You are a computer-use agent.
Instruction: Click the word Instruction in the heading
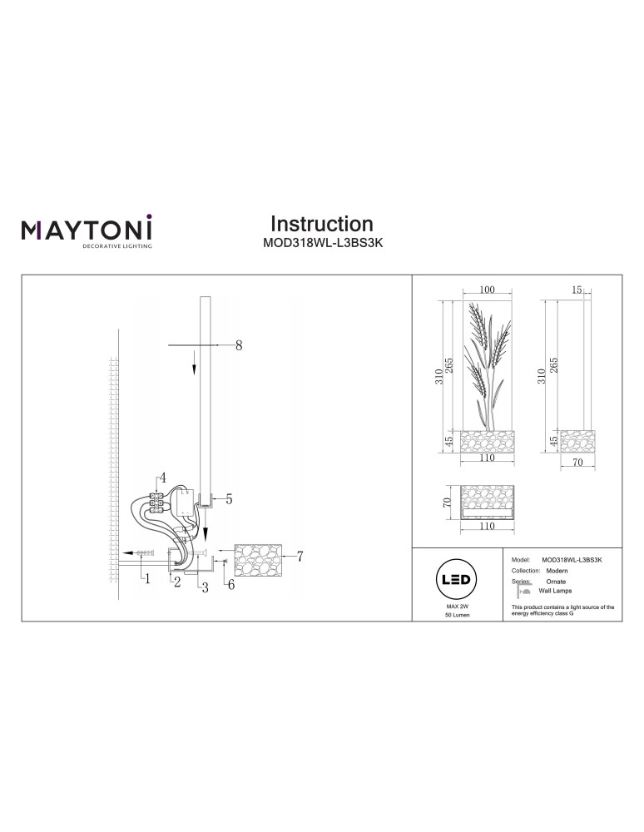pos(322,224)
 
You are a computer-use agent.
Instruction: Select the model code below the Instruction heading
pos(322,245)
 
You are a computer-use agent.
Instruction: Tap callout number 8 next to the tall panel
pos(239,345)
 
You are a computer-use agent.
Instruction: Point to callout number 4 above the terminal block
pos(163,478)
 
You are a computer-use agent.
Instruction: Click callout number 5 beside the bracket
pos(228,499)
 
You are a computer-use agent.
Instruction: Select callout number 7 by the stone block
pos(299,555)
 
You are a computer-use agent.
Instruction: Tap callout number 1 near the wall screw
pos(147,579)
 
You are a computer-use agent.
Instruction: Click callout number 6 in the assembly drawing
pos(231,585)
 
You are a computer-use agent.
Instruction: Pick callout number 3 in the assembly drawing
pos(202,587)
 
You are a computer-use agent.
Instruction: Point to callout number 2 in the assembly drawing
pos(176,582)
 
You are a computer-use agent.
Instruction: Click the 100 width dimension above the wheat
pos(488,290)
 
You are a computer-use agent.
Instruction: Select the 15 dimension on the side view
pos(577,290)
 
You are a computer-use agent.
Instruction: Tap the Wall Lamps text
pos(555,591)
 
